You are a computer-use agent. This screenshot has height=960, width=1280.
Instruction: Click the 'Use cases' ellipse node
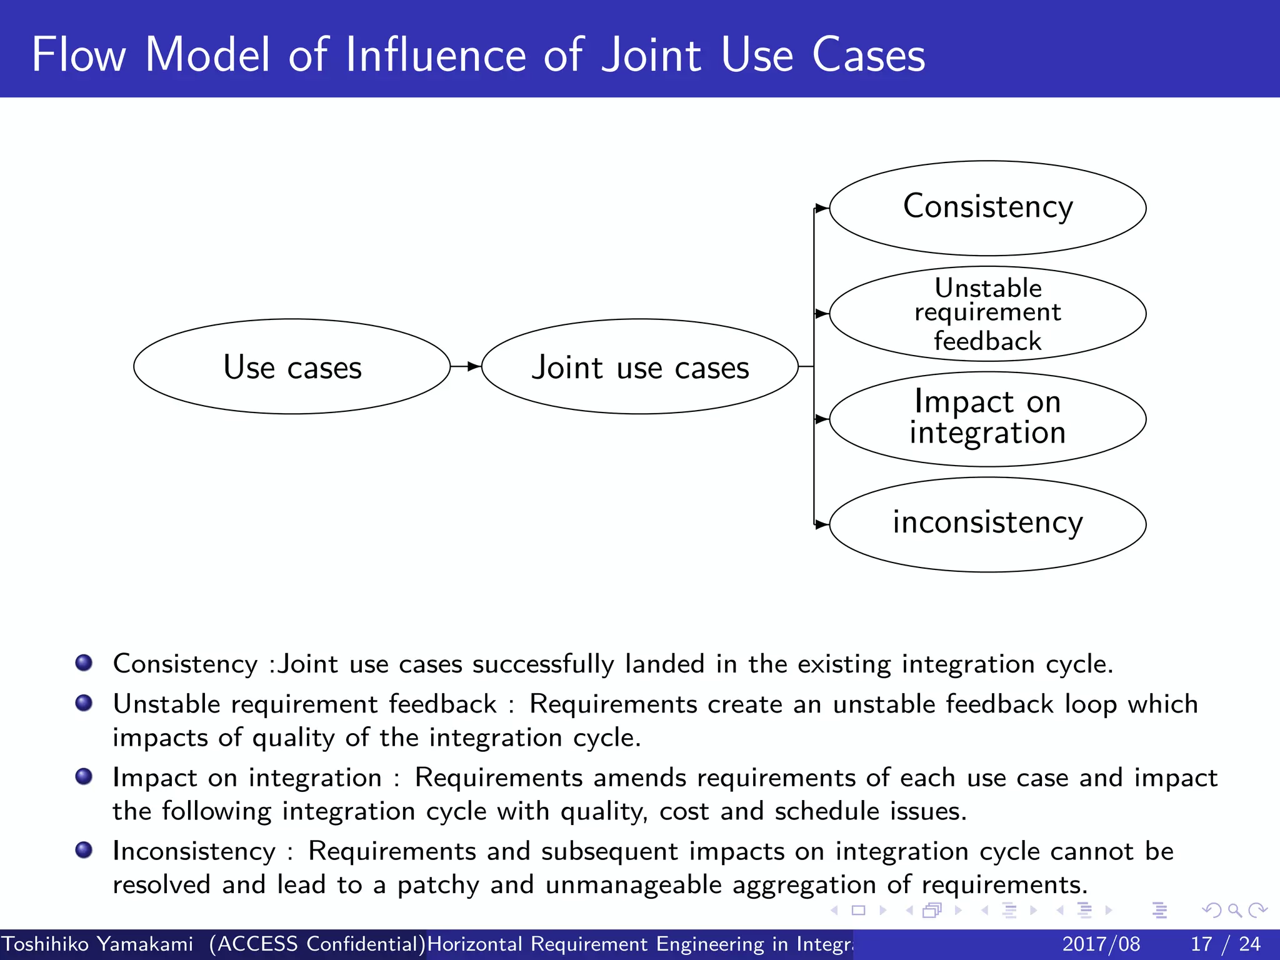point(292,367)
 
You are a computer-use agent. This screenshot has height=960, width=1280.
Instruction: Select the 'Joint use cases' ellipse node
point(639,367)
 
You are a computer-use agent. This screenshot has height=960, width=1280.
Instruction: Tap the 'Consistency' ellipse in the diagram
point(987,208)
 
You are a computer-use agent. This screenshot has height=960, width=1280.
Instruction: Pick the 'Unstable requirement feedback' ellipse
point(987,314)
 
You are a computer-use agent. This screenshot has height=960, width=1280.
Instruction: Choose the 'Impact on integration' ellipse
point(987,419)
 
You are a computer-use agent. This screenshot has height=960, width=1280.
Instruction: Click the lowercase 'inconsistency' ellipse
point(987,524)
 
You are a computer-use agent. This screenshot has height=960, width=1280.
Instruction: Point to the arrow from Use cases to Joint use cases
point(466,367)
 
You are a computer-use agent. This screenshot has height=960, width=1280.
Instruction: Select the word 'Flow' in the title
point(79,55)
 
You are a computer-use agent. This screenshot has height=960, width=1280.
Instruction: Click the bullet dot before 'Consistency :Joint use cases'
point(84,662)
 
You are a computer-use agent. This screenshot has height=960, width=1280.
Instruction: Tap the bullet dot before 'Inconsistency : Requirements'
point(84,850)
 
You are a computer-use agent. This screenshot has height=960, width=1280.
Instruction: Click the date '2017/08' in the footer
point(1101,944)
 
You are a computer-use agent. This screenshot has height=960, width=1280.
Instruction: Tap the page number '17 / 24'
point(1226,944)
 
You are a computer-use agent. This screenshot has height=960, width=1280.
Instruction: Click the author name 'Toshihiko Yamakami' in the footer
point(97,944)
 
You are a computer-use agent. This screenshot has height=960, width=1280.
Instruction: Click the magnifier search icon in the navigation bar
point(1234,910)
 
